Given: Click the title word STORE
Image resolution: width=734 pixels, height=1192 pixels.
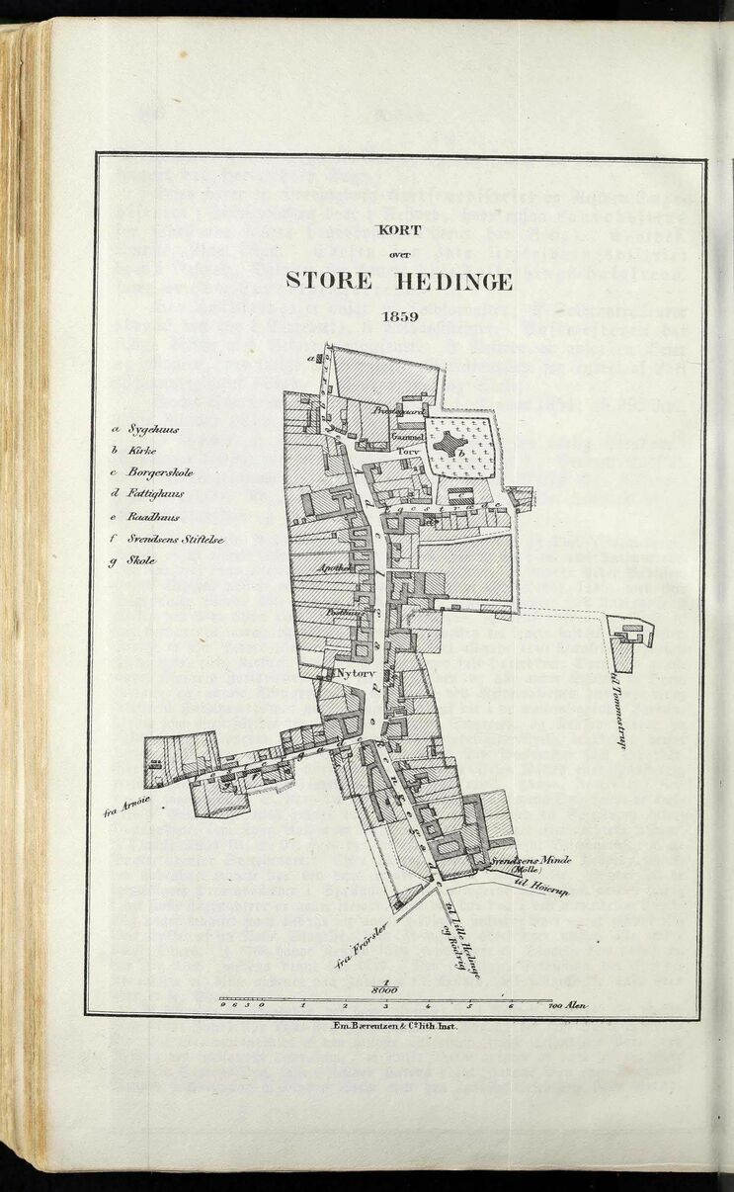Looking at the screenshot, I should tap(328, 281).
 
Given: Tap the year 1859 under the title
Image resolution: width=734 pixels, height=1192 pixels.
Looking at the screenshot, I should tap(403, 318).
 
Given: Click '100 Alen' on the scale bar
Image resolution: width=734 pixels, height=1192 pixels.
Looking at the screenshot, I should tap(567, 1005).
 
